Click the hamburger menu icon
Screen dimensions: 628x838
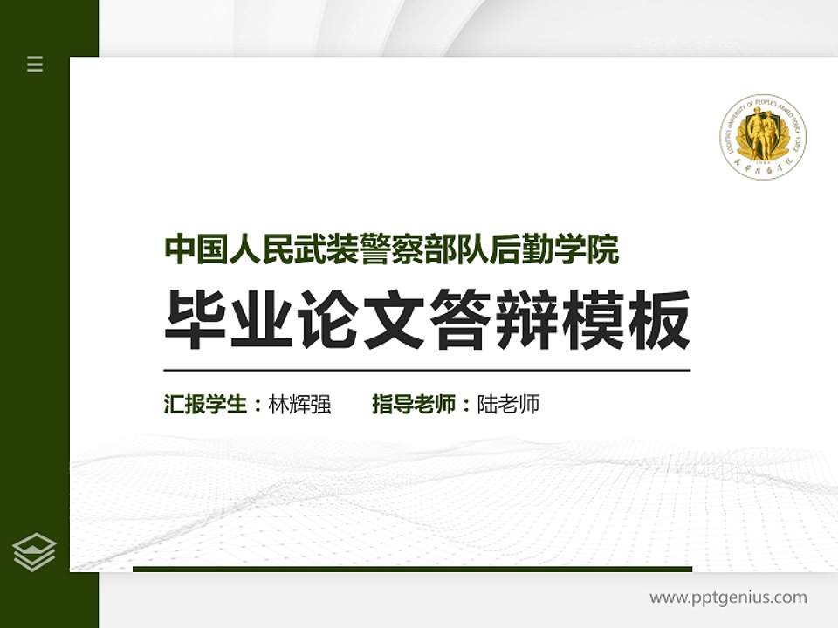35,64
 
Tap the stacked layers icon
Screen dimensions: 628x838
35,552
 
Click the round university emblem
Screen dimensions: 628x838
762,138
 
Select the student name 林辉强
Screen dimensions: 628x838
300,405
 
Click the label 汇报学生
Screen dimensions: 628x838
207,405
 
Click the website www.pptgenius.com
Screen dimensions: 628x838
728,597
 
